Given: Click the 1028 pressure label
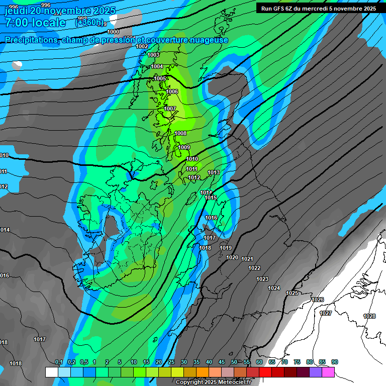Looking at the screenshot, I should tap(369, 316).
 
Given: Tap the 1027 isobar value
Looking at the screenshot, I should tap(326, 313).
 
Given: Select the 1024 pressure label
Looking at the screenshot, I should tap(274, 288).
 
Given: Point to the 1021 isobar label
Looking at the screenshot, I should tap(247, 259).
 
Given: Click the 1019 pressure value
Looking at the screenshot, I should tap(226, 248).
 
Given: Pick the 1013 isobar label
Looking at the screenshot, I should tap(214, 172).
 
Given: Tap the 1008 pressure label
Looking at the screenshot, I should tap(180, 133).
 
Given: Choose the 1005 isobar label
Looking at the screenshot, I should tap(160, 78).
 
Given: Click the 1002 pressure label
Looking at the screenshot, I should tap(142, 46).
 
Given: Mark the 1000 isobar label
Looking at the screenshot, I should tap(114, 32).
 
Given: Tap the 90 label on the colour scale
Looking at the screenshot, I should tap(335, 362).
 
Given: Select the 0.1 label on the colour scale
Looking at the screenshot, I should tap(58, 362).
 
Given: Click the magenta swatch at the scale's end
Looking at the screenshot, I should tap(328, 372).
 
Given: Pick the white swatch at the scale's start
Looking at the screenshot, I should tap(51, 372).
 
